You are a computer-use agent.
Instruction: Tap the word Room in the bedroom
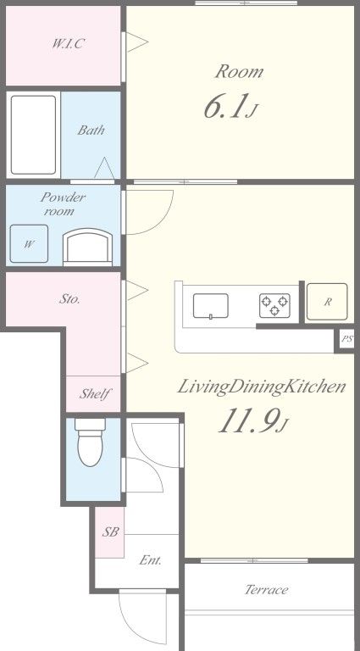(240, 72)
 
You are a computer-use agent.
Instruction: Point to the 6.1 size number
(223, 106)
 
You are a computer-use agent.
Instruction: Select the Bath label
(91, 131)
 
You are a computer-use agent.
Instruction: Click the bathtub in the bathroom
(33, 135)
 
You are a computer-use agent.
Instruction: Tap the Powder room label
(63, 203)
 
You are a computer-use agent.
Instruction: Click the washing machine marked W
(29, 244)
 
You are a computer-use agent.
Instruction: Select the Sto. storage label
(69, 299)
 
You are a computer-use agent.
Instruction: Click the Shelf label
(95, 393)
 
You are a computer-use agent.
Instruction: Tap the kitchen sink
(211, 306)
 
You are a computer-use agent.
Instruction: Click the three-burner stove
(274, 306)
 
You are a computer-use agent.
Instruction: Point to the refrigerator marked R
(327, 302)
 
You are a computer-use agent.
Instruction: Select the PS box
(346, 339)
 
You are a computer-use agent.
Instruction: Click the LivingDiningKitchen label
(261, 387)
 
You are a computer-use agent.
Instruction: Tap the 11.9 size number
(247, 421)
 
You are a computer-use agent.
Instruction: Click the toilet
(90, 442)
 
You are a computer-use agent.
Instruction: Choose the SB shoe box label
(111, 531)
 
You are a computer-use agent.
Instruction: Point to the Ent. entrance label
(151, 560)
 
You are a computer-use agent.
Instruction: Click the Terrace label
(266, 590)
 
